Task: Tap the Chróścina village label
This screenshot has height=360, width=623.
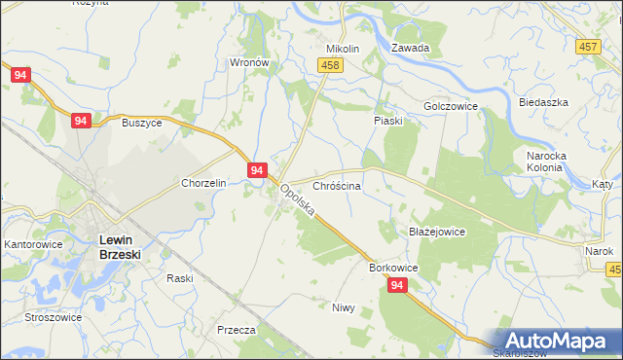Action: point(337,185)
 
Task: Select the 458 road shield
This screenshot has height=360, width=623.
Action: point(330,64)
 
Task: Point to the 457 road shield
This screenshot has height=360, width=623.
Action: point(587,47)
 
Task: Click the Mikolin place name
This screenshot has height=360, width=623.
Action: point(343,49)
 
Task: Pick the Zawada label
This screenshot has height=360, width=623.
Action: point(410,48)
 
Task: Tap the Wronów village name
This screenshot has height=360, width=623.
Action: point(248,61)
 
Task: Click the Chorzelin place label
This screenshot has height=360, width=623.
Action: point(203,183)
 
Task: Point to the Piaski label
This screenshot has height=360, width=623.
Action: point(389,121)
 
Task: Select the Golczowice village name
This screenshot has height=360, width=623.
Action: point(451,106)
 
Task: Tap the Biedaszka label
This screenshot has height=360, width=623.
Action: point(543,102)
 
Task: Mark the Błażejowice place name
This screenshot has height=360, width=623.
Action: point(437,233)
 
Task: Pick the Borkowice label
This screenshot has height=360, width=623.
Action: point(393,267)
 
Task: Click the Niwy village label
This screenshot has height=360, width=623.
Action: point(343,307)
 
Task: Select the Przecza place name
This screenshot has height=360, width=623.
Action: point(237,330)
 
